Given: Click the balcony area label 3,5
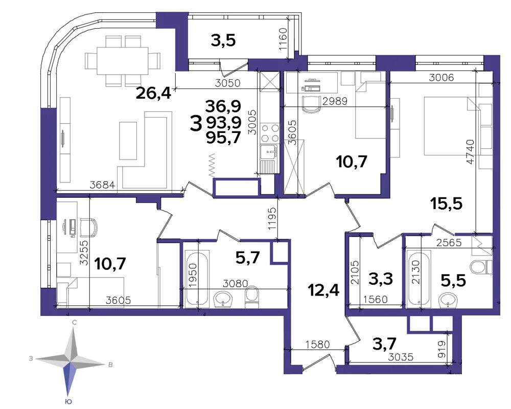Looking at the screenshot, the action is tap(223, 40).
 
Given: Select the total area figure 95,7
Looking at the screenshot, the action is tap(223, 138).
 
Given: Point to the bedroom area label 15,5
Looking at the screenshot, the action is tap(446, 204).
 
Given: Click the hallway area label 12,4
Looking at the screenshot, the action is tap(324, 290).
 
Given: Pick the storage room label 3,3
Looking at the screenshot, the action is tap(380, 279).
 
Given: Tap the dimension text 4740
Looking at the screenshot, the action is tap(470, 152).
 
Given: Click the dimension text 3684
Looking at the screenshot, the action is tap(102, 185).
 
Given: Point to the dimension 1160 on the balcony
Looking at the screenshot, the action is tap(283, 39).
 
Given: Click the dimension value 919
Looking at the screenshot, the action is tap(442, 349).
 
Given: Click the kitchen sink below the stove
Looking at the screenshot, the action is tap(269, 152).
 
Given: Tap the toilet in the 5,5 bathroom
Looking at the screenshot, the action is tap(481, 266).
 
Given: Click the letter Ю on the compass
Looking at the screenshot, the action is tap(69, 401).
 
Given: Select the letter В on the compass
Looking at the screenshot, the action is tap(110, 365).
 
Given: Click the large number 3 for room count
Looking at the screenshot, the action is tap(196, 124).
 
